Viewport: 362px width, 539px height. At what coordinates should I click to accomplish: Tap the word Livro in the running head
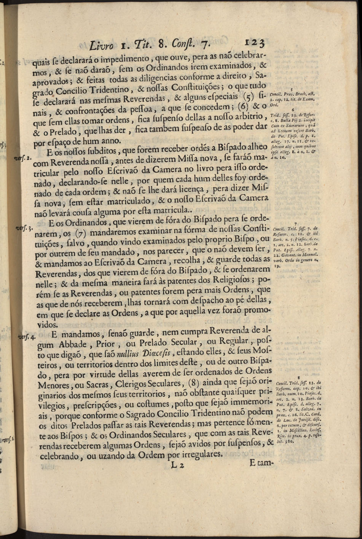coord(101,46)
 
